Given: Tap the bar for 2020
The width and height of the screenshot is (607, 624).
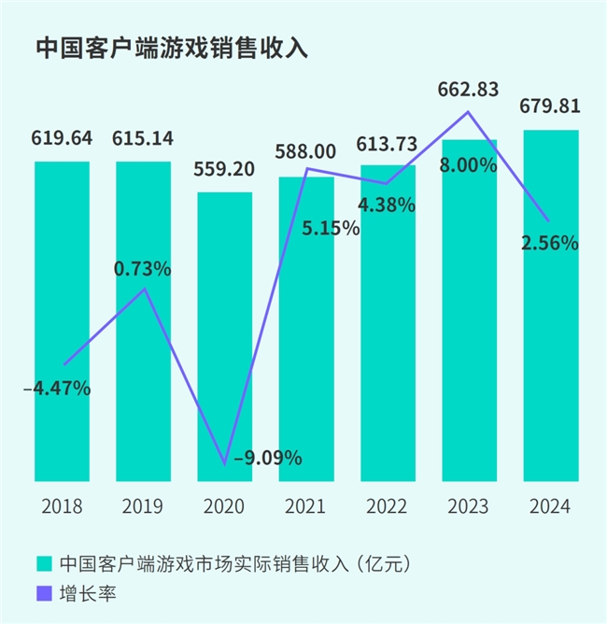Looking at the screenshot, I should (x=224, y=336).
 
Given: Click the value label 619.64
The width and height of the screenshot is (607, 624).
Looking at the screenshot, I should (x=63, y=139).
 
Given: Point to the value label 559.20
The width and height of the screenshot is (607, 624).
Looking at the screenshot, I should (x=224, y=170).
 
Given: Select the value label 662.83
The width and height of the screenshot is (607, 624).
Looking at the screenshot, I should (x=469, y=91).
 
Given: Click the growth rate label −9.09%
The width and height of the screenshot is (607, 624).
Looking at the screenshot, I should (x=266, y=458).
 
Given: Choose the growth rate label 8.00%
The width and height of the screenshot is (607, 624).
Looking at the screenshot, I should (x=469, y=165).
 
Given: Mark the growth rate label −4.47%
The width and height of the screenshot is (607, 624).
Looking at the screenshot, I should (x=57, y=388).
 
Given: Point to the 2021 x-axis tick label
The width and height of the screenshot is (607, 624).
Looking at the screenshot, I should (x=305, y=507).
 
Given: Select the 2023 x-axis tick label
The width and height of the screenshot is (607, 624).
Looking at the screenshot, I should (x=469, y=507).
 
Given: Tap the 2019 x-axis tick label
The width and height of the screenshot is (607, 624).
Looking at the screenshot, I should (x=143, y=507).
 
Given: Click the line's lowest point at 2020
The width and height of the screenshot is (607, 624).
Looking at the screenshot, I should (x=224, y=464).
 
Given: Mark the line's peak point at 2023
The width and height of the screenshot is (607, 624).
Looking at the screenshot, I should (x=469, y=113).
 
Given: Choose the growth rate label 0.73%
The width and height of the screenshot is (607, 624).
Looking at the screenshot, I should (x=143, y=269).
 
